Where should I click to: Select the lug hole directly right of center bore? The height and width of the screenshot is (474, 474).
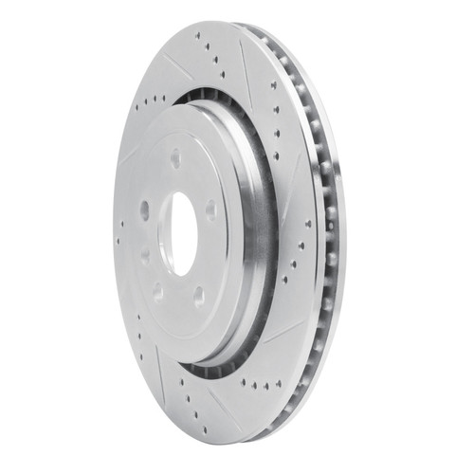(x=210, y=210)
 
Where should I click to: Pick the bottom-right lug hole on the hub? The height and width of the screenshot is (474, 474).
(x=200, y=295)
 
